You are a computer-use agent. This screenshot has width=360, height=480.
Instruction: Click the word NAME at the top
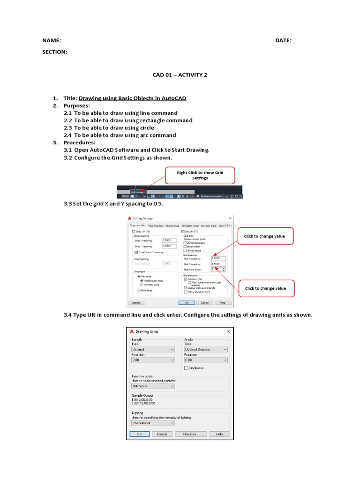52,41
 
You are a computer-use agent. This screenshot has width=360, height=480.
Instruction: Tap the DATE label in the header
283,41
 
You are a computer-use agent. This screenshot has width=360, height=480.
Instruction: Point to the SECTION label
55,52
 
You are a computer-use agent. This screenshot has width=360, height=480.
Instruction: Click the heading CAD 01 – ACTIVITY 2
180,75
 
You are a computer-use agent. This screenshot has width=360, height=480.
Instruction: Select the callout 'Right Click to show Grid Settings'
200,175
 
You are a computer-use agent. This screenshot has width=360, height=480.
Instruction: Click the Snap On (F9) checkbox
134,232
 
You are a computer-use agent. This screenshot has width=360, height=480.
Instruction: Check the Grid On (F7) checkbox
183,232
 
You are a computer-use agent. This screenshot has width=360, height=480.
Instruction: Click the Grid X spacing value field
218,258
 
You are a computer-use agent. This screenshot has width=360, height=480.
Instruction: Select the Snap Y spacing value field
168,246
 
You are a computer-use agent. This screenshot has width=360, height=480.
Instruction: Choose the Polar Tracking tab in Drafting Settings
156,225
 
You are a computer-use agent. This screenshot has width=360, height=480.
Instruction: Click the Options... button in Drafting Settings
137,303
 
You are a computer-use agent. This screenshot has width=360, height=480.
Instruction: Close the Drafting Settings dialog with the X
230,218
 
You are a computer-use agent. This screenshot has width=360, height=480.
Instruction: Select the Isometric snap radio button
142,285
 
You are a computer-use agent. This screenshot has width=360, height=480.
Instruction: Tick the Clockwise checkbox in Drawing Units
186,368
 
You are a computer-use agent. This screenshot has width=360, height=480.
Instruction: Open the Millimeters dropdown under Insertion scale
153,386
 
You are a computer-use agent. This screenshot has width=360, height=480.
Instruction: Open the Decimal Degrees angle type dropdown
206,349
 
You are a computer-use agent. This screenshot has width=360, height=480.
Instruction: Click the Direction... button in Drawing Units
191,434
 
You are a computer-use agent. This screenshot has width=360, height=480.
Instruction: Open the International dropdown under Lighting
153,423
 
